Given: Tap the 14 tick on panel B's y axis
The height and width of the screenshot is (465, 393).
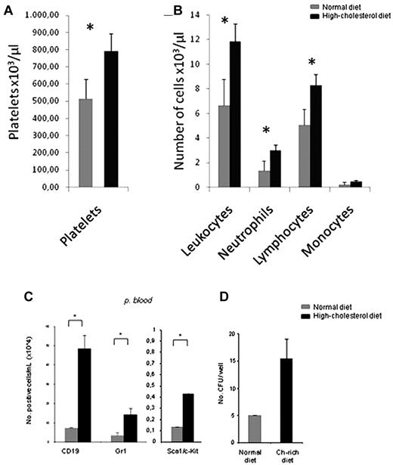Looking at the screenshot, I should [x=194, y=15].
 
